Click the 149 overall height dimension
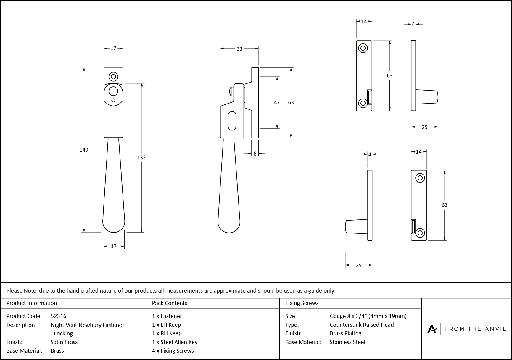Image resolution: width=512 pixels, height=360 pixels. coord(84,150)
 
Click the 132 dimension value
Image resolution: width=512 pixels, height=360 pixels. coord(141,158)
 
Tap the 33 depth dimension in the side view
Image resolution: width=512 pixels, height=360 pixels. coord(239,49)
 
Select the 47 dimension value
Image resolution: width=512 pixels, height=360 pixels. coord(277,102)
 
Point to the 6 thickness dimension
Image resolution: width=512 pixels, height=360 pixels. coord(255,154)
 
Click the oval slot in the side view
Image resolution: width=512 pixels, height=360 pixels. coord(232,120)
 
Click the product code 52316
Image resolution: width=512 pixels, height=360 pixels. coord(59,316)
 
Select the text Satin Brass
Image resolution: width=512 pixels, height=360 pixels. coord(64,342)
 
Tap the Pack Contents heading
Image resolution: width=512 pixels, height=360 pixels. coord(170,303)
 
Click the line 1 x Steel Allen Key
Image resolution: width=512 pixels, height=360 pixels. coord(175,342)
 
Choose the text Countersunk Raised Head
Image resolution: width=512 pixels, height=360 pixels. coord(362,325)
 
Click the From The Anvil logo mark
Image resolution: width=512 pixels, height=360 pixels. coord(432,329)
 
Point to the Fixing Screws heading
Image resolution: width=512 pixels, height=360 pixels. coord(302,303)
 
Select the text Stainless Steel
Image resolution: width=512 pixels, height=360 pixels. coord(347,342)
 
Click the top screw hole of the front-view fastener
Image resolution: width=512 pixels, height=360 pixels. coord(113,77)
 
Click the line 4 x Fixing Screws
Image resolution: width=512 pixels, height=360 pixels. coord(173,351)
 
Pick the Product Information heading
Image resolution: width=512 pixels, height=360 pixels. coord(32,303)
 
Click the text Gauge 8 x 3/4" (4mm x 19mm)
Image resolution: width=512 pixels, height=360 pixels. coord(368,316)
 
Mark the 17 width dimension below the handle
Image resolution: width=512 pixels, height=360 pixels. coord(114,246)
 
